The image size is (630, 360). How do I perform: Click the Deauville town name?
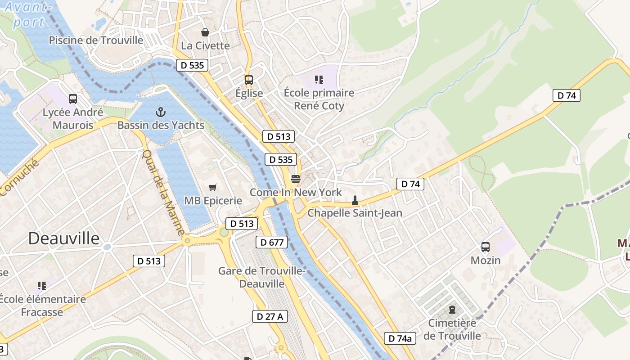click(x=64, y=238)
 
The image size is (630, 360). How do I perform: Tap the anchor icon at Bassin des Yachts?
click(x=161, y=112)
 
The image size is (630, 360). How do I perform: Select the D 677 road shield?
click(x=272, y=243)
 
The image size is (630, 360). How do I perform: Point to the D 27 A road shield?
click(x=270, y=316)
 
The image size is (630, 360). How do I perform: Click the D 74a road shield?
click(x=400, y=338)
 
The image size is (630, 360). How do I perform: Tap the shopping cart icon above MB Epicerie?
click(x=213, y=187)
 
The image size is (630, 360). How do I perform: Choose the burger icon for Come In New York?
click(x=296, y=179)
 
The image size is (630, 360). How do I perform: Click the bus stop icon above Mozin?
click(x=486, y=247)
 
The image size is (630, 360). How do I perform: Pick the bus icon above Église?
click(x=249, y=80)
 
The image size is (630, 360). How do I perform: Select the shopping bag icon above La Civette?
click(x=205, y=32)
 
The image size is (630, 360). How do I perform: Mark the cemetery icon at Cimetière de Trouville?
click(x=452, y=310)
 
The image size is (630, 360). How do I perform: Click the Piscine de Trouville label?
click(x=96, y=40)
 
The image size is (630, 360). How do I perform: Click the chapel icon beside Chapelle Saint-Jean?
click(x=355, y=200)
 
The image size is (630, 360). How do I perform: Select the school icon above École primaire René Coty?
click(x=319, y=80)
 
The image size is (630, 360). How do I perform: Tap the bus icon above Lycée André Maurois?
click(x=73, y=99)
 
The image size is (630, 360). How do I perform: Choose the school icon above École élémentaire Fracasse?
click(x=42, y=285)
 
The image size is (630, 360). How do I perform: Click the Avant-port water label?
click(x=27, y=14)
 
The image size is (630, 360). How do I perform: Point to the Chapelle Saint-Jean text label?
click(x=355, y=213)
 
